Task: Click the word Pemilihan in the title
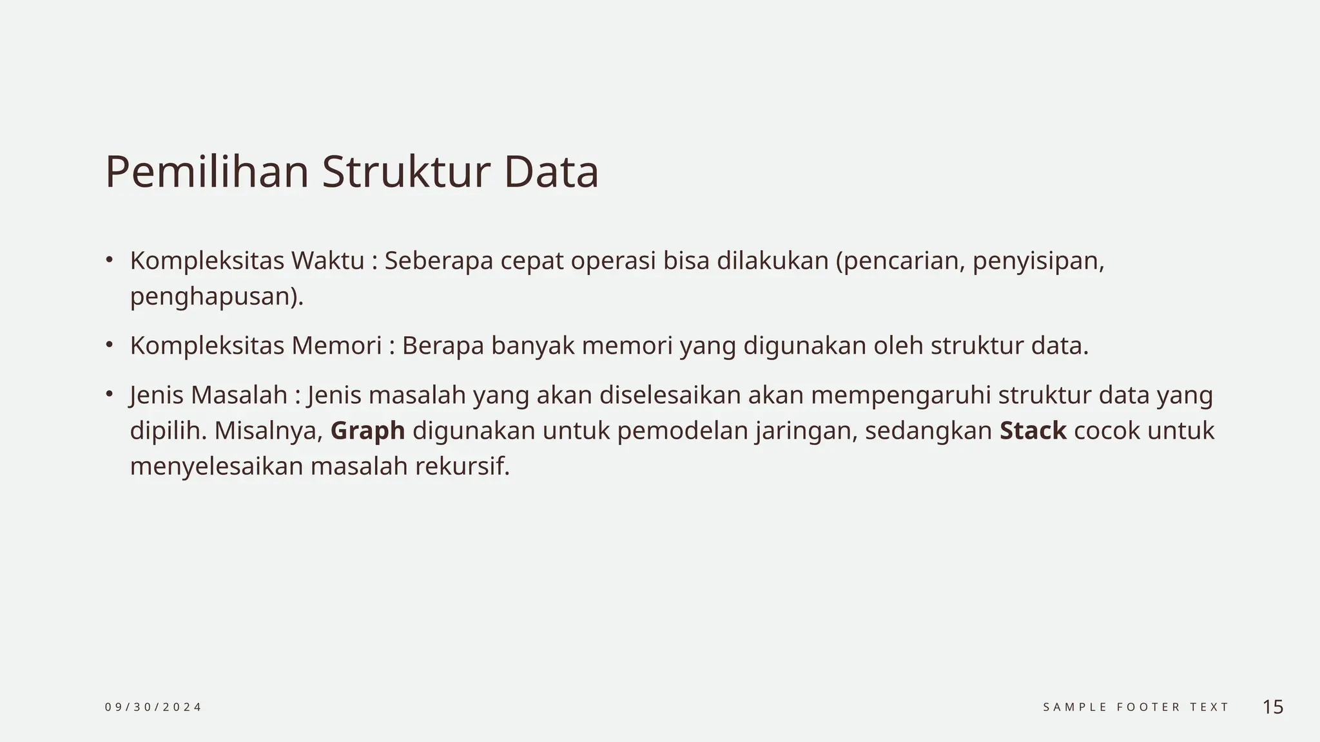(207, 172)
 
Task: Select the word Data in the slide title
(551, 172)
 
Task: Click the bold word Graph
(367, 431)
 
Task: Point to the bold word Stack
(1033, 431)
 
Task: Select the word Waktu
(327, 261)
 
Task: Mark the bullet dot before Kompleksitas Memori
(110, 345)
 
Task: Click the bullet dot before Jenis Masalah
(110, 394)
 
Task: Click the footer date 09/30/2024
(153, 707)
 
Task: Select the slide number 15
(1273, 707)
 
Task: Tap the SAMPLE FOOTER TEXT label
(1136, 707)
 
